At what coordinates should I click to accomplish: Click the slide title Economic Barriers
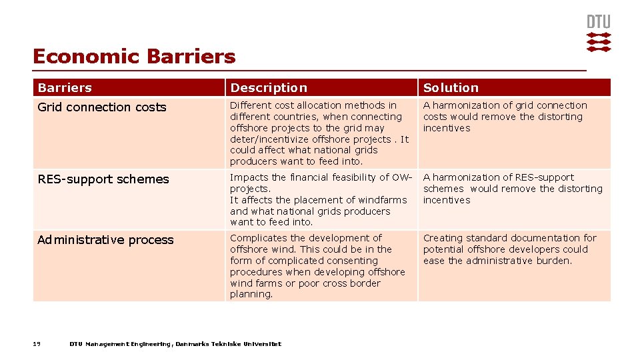[134, 57]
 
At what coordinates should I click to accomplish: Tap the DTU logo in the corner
[598, 33]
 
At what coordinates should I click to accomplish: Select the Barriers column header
[65, 88]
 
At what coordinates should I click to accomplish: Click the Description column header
[269, 88]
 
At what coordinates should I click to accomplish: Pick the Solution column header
[451, 88]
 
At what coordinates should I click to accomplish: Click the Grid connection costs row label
[102, 107]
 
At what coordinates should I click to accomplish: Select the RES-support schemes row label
[103, 179]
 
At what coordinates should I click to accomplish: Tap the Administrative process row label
[105, 240]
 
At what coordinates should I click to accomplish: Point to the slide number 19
[37, 344]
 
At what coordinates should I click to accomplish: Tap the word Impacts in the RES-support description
[249, 177]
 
